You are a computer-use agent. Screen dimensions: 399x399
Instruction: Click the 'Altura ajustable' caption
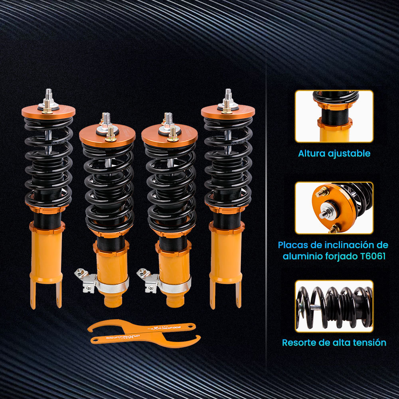pos(334,153)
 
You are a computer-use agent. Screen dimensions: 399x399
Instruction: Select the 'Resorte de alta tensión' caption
pos(334,342)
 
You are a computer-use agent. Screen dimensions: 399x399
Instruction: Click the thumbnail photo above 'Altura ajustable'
pos(334,116)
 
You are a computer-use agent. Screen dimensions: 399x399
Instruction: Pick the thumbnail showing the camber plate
pos(334,208)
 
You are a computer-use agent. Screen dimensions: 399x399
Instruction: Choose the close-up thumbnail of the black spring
pos(334,306)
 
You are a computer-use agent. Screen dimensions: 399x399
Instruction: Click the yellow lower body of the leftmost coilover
pos(47,255)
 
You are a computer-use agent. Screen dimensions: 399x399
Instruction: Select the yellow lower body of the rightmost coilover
pos(226,255)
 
